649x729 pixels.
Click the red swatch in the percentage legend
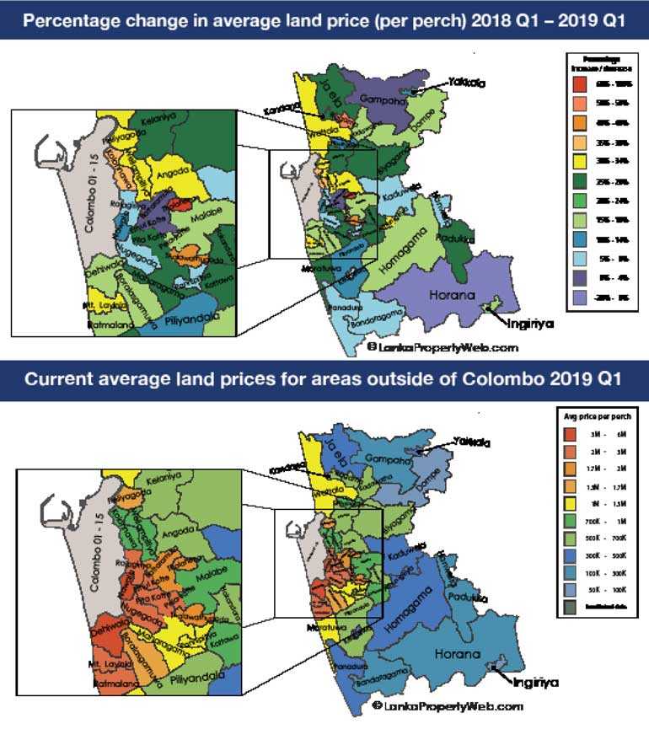[x=579, y=83]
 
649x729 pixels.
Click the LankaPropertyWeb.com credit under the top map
[x=442, y=346]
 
